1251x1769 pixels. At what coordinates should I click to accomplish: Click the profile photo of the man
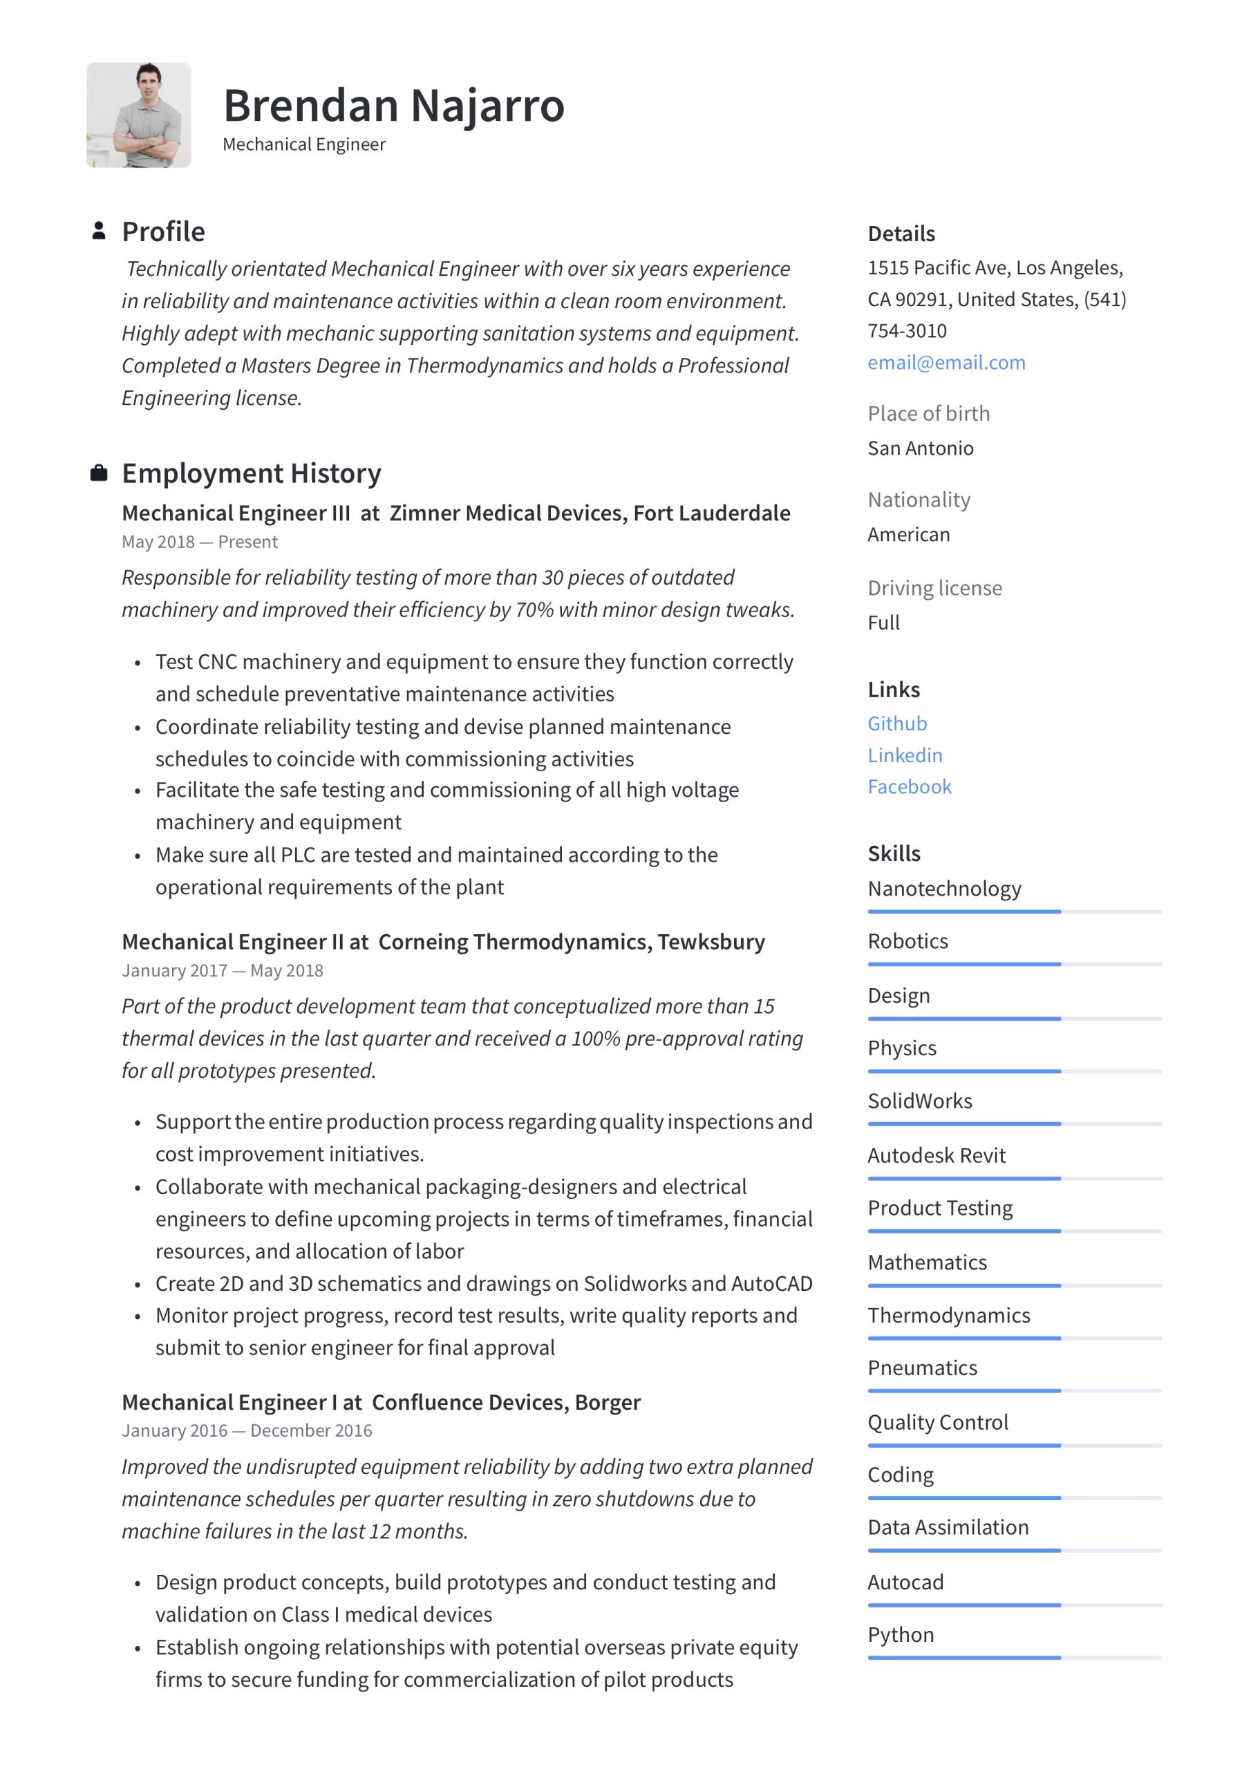[x=139, y=115]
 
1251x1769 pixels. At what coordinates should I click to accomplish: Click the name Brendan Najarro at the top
[x=393, y=106]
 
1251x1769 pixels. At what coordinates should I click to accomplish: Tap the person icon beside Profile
[x=99, y=230]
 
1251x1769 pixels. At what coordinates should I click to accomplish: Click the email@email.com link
[x=946, y=362]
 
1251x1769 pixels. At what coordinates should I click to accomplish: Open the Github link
[x=896, y=723]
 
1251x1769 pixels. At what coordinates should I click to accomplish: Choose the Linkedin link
[x=904, y=755]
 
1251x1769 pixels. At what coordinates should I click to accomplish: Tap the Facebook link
[x=909, y=786]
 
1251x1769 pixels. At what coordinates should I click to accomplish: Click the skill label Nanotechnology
[x=943, y=889]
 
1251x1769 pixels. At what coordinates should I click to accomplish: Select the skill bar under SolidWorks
[x=1014, y=1124]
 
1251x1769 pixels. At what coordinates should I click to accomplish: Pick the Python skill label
[x=901, y=1634]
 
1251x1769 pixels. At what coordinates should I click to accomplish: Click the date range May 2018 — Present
[x=200, y=542]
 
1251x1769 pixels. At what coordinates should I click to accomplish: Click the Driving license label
[x=934, y=588]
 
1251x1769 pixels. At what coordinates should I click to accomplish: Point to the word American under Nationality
[x=908, y=534]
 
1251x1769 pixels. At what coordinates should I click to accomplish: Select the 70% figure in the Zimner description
[x=534, y=609]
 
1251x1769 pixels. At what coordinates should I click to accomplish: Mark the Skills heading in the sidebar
[x=894, y=853]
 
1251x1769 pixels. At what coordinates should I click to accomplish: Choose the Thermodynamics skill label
[x=948, y=1314]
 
